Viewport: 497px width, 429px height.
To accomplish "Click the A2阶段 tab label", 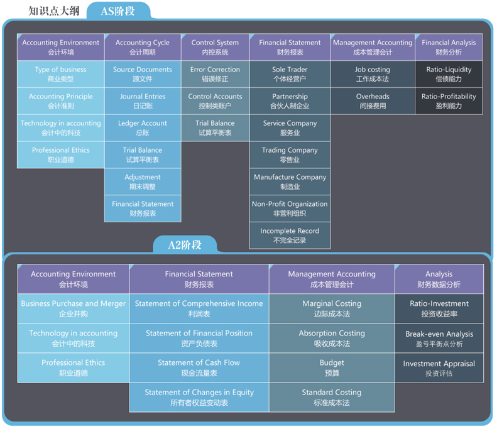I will (185, 245).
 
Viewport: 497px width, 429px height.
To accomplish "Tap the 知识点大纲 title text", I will (54, 11).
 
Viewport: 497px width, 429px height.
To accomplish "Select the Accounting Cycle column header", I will (142, 47).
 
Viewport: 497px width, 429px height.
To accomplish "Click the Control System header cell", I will (215, 47).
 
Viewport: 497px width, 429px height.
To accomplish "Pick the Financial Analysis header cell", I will (449, 47).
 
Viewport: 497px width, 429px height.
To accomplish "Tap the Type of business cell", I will (60, 74).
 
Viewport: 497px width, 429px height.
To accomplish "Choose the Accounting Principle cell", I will (60, 101).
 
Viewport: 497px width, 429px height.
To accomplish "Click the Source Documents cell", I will (142, 74).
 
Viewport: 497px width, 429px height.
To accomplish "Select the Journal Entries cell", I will (142, 101).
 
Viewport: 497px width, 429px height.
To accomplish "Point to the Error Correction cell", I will (215, 74).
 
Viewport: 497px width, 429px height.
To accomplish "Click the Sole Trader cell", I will (290, 74).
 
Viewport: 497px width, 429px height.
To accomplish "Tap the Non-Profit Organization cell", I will (290, 209).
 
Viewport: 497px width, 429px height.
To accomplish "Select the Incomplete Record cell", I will (290, 236).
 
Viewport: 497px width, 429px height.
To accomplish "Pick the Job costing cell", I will (373, 74).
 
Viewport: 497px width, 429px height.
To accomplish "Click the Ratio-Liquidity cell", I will (449, 74).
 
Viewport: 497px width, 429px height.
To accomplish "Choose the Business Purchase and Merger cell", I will (73, 308).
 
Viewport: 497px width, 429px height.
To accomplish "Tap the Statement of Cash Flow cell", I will (199, 367).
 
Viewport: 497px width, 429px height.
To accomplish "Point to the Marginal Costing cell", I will (331, 308).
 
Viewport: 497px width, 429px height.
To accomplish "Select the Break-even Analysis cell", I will (439, 339).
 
